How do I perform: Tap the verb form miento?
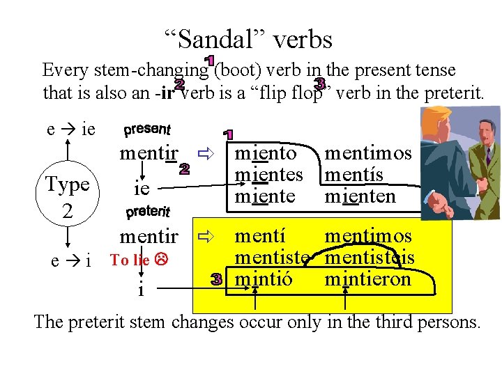(x=266, y=153)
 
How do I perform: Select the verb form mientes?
(x=269, y=175)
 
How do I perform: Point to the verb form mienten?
(x=360, y=196)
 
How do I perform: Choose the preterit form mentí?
(x=259, y=236)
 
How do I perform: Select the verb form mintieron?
(x=368, y=279)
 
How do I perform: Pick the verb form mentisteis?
(x=370, y=258)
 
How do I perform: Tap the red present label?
(x=146, y=130)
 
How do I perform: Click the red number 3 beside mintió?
(x=217, y=280)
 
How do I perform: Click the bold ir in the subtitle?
(x=166, y=91)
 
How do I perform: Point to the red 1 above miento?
(x=229, y=133)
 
